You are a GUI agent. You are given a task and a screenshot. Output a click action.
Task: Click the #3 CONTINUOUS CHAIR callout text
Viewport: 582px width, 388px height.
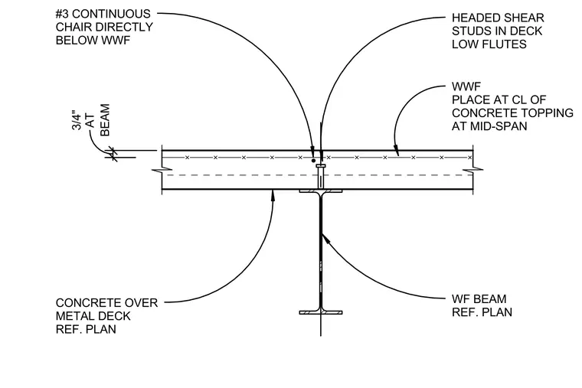[104, 27]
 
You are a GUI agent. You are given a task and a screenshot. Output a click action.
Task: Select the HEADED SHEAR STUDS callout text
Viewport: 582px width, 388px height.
[498, 31]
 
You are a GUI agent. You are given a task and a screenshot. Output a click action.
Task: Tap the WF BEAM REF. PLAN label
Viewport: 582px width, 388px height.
[482, 305]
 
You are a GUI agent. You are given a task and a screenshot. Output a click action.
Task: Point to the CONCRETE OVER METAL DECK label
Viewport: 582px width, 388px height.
[107, 315]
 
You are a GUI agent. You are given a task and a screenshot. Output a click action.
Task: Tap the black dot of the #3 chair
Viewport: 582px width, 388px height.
[314, 161]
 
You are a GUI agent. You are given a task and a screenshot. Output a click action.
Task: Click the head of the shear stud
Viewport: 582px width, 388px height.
[321, 166]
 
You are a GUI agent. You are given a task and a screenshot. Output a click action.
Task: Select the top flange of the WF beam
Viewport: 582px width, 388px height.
[321, 191]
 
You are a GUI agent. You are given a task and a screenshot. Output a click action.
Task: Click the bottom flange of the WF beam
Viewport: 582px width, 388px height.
[321, 312]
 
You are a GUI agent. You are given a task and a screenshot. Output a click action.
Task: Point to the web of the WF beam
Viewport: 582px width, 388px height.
[321, 252]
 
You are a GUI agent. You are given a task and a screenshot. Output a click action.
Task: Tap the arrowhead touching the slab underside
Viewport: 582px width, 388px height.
[273, 194]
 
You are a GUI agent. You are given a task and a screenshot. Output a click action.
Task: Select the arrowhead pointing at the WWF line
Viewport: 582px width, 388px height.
[397, 151]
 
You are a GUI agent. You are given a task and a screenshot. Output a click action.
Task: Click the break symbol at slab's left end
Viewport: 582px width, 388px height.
[162, 170]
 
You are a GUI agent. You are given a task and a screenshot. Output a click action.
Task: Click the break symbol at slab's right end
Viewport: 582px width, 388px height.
[473, 170]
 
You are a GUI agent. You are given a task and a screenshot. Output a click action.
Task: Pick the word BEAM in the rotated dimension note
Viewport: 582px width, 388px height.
[105, 120]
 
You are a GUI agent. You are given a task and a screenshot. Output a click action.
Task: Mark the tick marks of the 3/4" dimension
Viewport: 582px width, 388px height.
[112, 155]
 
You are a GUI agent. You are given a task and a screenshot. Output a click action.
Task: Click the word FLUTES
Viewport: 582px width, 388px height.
[508, 44]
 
